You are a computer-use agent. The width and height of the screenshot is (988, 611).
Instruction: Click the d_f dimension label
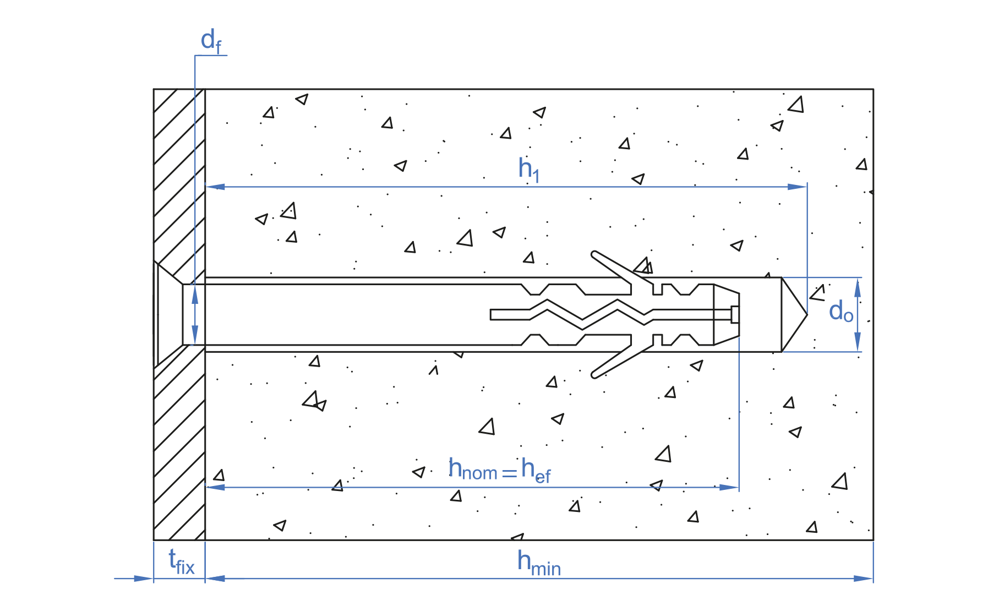pyautogui.click(x=210, y=42)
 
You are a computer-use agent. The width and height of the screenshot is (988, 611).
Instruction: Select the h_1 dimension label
pyautogui.click(x=528, y=169)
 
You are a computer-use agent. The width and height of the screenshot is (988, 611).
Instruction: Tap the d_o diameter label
pyautogui.click(x=840, y=312)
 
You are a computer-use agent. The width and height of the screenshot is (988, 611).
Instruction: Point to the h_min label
pyautogui.click(x=538, y=563)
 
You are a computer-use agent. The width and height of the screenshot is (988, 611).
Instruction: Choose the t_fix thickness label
pyautogui.click(x=181, y=561)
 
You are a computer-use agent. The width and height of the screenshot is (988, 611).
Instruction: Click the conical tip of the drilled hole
pyautogui.click(x=794, y=314)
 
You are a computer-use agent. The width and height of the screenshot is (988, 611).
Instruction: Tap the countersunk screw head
pyautogui.click(x=168, y=314)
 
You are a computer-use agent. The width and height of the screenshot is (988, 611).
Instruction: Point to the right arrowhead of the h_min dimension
pyautogui.click(x=864, y=579)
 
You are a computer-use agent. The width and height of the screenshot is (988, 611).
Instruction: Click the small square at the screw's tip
pyautogui.click(x=735, y=314)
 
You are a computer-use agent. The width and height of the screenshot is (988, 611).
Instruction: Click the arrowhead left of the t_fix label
pyautogui.click(x=144, y=579)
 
